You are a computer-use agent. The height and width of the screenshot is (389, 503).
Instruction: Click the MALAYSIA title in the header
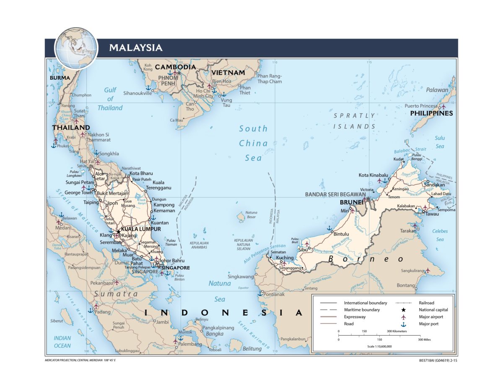pos(135,47)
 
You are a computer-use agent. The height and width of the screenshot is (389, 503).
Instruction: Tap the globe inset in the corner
pos(76,47)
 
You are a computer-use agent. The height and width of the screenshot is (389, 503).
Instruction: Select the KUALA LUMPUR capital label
pos(141,230)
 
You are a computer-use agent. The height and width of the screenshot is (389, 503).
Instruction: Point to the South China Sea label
pos(253,143)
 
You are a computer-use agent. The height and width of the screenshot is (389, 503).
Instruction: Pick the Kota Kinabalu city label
pos(373,175)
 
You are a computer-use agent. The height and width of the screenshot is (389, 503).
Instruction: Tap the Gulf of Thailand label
pos(110,99)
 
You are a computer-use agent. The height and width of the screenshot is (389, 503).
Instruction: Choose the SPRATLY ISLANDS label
pos(354,121)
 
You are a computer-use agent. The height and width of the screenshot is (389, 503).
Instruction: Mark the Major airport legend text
pos(430,317)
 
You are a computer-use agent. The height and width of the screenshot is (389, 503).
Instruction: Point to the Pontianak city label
pos(274,295)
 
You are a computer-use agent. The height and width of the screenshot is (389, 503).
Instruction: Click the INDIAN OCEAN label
pos(62,342)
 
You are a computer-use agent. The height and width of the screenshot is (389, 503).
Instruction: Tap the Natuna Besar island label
pos(251,215)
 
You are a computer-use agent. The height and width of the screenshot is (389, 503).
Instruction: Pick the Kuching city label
pos(285,258)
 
